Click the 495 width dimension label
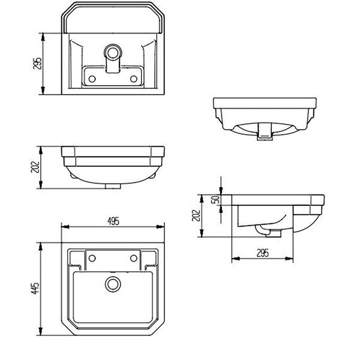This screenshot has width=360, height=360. click(x=113, y=221)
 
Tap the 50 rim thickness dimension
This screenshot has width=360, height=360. click(x=214, y=200)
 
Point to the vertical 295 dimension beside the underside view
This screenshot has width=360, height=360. click(x=37, y=63)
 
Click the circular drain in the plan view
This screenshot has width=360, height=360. click(x=112, y=283)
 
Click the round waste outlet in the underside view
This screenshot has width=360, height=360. click(x=112, y=50)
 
